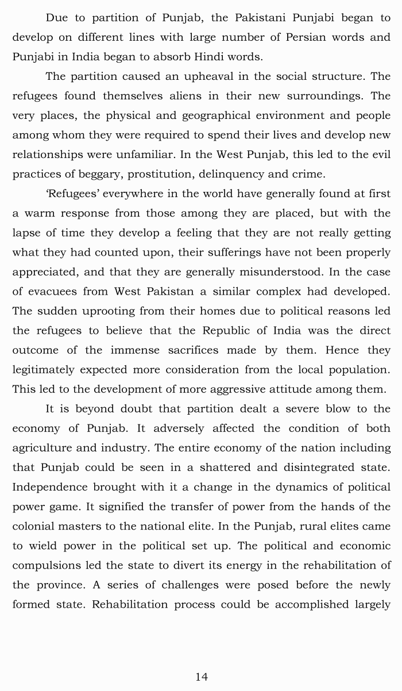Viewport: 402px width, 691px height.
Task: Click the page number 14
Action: [201, 677]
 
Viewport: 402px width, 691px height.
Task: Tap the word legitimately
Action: [44, 369]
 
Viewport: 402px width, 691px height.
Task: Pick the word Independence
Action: [52, 487]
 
